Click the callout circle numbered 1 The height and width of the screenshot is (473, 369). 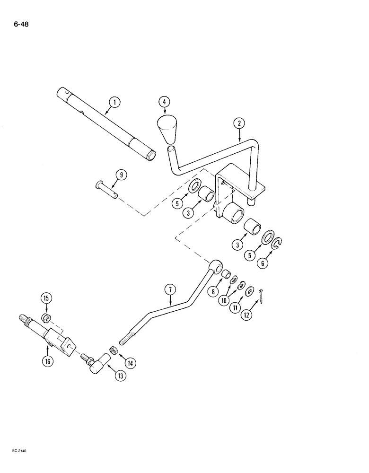tap(113, 101)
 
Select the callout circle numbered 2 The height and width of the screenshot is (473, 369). tap(240, 124)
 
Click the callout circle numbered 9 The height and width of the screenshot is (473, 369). tap(121, 175)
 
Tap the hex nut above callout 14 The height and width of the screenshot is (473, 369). tap(114, 350)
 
